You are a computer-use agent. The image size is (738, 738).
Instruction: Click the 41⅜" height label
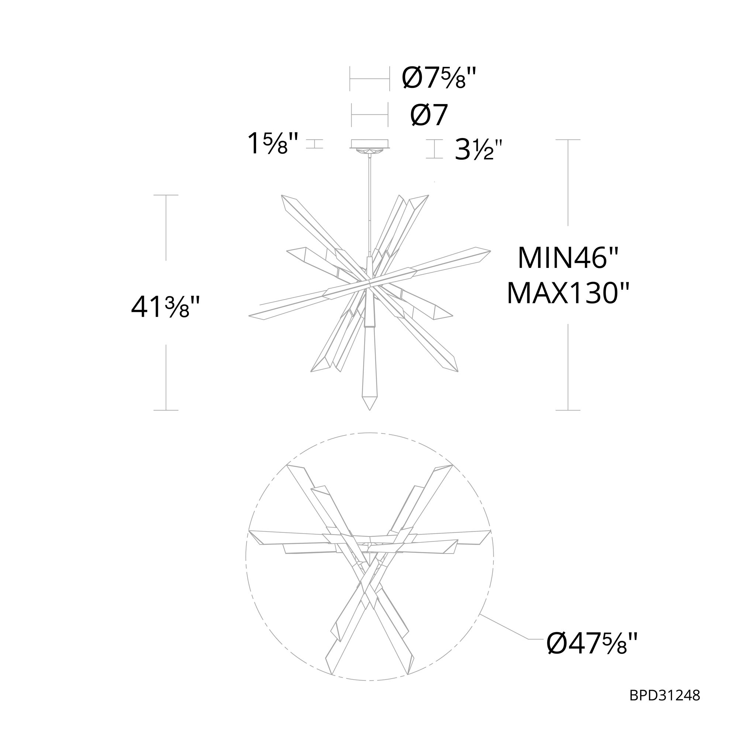click(165, 307)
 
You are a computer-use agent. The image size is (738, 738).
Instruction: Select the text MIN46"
click(568, 259)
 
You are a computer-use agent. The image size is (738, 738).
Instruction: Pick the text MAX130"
click(568, 294)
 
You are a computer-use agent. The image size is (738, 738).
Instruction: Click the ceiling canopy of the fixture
click(370, 144)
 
